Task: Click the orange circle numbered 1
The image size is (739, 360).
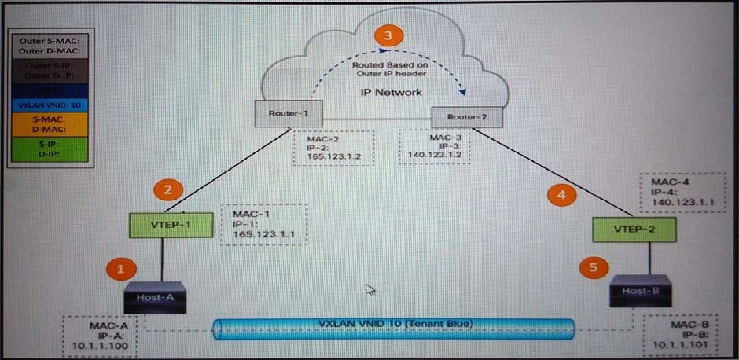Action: click(x=120, y=268)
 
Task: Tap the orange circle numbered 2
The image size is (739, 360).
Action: click(x=167, y=189)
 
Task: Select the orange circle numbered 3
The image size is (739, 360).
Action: click(x=387, y=35)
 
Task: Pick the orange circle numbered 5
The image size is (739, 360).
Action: click(x=594, y=266)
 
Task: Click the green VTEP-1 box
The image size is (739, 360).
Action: click(x=161, y=226)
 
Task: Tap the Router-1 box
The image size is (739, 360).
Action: click(x=280, y=113)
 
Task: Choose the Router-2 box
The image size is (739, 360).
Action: click(x=465, y=117)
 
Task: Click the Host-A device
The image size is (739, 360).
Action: click(x=156, y=298)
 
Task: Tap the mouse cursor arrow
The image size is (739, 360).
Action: click(x=369, y=288)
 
